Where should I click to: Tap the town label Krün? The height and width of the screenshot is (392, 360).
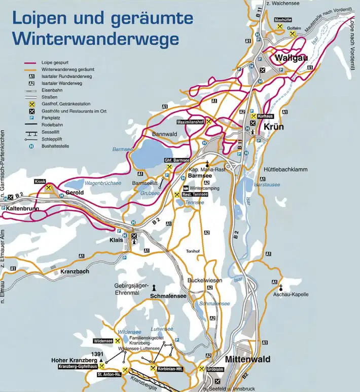273,127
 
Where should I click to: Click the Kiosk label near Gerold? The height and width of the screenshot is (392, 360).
40,181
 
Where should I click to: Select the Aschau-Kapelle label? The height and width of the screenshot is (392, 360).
291,294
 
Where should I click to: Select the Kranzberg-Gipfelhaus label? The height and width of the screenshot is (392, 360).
74,366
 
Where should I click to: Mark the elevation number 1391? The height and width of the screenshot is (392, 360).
97,354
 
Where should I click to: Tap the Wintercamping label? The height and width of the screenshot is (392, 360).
205,188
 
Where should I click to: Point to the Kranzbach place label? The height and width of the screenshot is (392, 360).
75,272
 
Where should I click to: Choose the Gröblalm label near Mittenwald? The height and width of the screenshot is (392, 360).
215,369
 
